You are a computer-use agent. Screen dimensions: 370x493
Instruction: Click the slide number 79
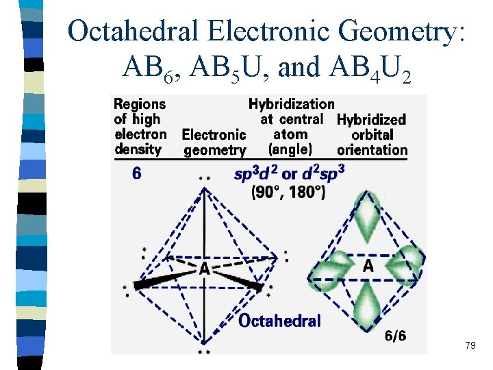tap(470, 345)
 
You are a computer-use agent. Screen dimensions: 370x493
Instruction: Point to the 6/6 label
tap(395, 335)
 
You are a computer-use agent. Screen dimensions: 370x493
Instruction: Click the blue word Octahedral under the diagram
tap(279, 321)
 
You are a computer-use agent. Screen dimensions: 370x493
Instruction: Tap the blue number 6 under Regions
tap(137, 173)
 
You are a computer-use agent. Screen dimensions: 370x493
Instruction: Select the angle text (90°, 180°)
tap(279, 193)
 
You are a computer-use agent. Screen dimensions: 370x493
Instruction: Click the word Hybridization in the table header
tap(291, 104)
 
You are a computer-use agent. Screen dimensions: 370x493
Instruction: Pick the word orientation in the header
tap(372, 149)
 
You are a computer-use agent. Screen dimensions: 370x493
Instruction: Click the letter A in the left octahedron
tap(204, 269)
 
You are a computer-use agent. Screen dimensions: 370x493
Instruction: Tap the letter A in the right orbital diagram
tap(368, 265)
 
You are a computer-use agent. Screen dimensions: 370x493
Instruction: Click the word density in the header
tap(138, 149)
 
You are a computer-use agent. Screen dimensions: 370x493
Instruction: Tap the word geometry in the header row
tap(214, 149)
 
